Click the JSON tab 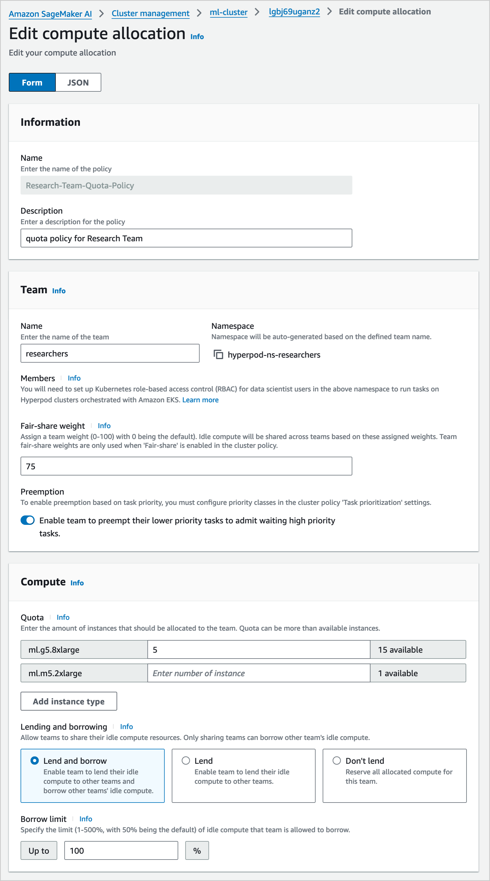[78, 82]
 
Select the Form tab [32, 82]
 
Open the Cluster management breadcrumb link [150, 13]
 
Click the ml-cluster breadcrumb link [229, 13]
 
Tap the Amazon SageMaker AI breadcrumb [50, 14]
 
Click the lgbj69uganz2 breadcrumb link [294, 12]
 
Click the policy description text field [186, 238]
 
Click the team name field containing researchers [110, 353]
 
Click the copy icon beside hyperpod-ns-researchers [218, 354]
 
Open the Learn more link [200, 400]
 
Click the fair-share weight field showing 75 [186, 466]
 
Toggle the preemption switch [28, 520]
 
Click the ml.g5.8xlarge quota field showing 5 [259, 649]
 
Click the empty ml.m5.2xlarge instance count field [259, 673]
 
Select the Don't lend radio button [337, 760]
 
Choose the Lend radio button [186, 760]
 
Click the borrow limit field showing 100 [121, 850]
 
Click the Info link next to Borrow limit [85, 819]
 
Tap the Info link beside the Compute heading [77, 583]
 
